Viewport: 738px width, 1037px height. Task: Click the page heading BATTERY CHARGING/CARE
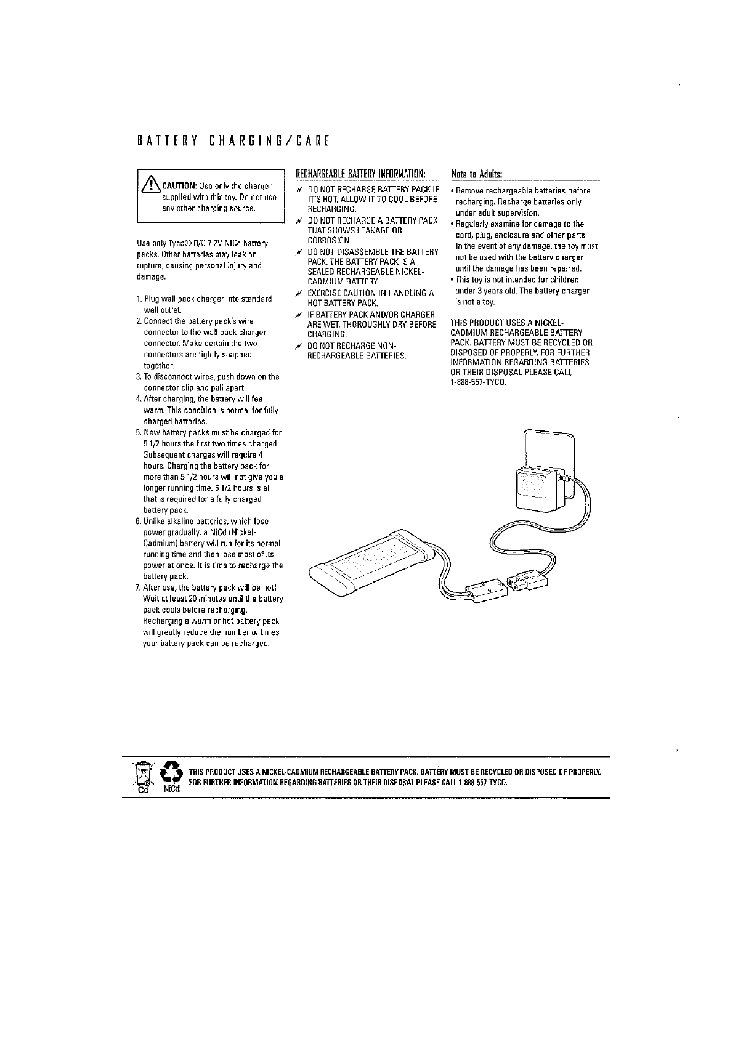(233, 141)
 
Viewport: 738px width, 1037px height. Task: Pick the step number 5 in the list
(139, 433)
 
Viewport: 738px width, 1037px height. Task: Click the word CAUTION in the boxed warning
(179, 186)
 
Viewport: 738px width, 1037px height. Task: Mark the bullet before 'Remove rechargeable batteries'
(453, 191)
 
